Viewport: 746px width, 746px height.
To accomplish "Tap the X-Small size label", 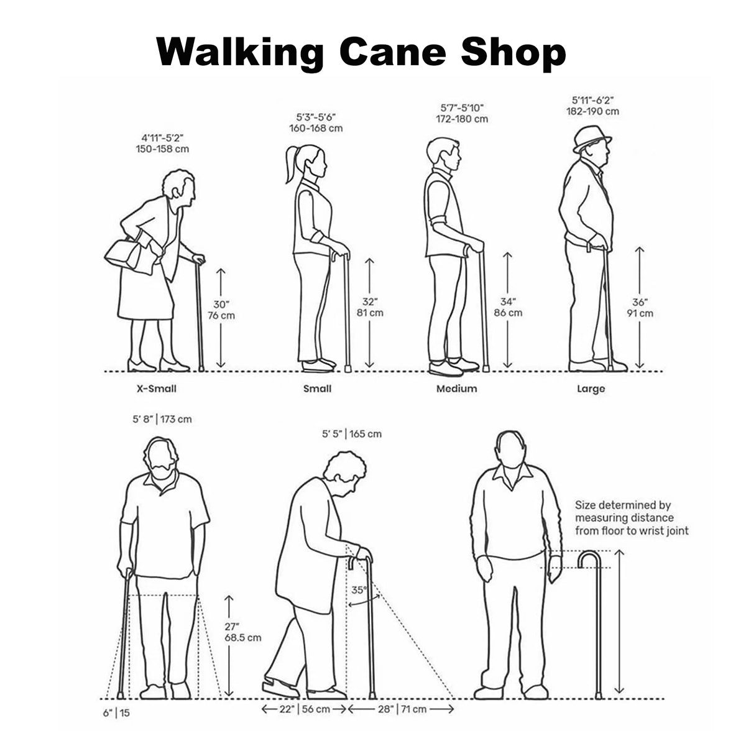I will click(157, 389).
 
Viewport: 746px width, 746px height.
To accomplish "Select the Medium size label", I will click(456, 389).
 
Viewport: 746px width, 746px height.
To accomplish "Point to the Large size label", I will click(591, 389).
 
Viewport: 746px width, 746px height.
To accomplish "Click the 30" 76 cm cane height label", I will click(221, 310).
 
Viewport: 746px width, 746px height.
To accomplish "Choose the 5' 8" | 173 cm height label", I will click(162, 419).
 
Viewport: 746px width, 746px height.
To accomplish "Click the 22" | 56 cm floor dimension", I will click(304, 709).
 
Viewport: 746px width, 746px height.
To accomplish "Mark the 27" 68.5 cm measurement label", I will click(242, 632).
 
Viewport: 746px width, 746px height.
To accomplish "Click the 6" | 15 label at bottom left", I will click(117, 713).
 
